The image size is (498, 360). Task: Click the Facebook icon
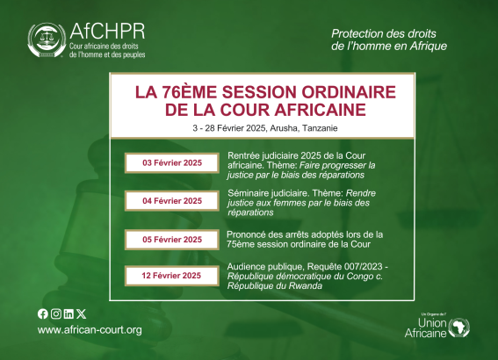coord(43,314)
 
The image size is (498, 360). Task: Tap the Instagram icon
coord(56,314)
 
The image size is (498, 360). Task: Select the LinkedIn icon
coord(69,314)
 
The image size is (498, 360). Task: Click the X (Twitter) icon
coord(82,314)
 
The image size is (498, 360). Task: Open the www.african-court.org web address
coord(90,330)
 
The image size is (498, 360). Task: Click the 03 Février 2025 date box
coord(172,162)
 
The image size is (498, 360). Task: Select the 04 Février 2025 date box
coord(172,201)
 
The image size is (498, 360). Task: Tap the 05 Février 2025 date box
coord(172,240)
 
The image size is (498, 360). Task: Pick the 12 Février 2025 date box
coord(172,276)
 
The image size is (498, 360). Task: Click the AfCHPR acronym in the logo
coord(107,31)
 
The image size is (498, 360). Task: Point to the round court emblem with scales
coord(47,40)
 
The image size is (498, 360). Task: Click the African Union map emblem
coord(458,328)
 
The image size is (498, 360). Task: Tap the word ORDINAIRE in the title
coord(349,92)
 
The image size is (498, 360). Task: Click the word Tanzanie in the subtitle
coord(320,128)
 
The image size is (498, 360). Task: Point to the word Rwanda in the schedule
coord(306,286)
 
